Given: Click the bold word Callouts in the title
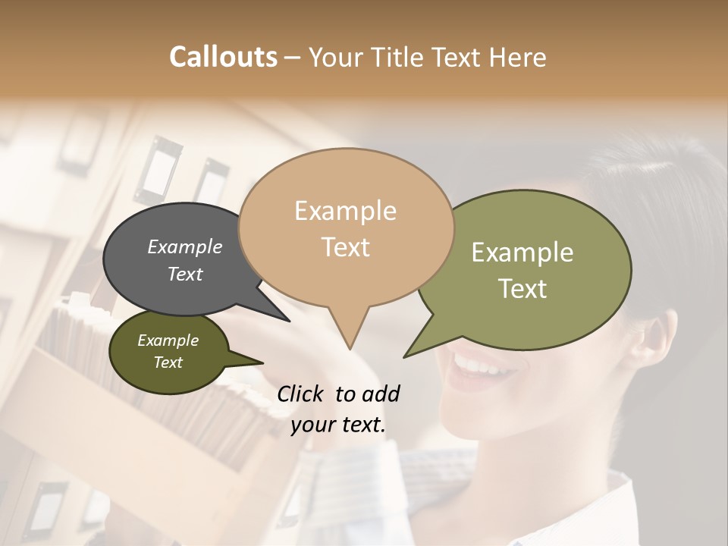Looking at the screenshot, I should (x=223, y=57).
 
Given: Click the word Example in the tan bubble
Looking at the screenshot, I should (x=345, y=211).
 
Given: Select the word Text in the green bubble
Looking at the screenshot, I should (x=522, y=289).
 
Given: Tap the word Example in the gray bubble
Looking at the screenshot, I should (x=184, y=247).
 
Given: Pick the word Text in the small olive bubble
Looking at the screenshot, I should (x=168, y=362).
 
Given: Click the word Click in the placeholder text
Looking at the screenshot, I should (x=301, y=394).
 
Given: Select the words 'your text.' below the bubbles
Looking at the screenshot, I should (x=337, y=425).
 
